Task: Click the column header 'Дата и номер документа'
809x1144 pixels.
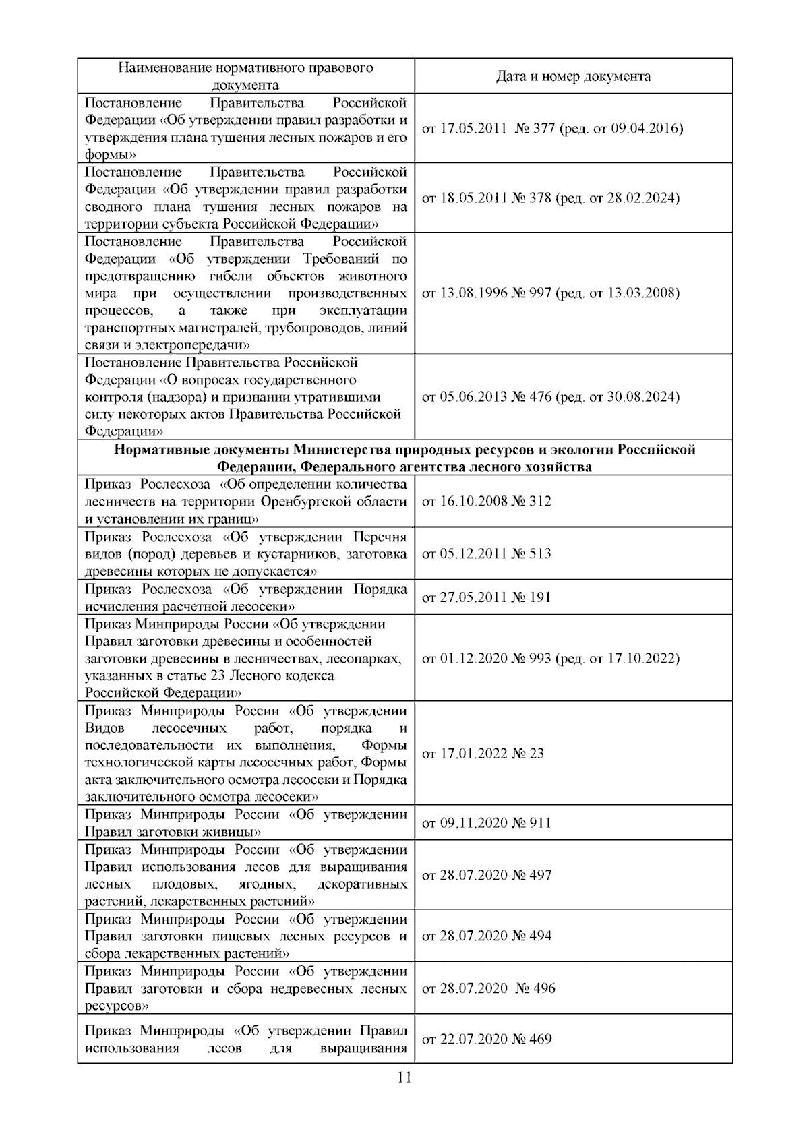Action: pyautogui.click(x=573, y=76)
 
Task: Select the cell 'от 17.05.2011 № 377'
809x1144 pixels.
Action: pyautogui.click(x=552, y=128)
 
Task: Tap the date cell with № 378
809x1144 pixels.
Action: pyautogui.click(x=550, y=198)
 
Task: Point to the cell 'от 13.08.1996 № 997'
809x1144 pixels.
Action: pyautogui.click(x=550, y=293)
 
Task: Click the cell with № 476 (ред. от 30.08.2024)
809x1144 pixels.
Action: pyautogui.click(x=550, y=397)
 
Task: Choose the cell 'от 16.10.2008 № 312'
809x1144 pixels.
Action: pyautogui.click(x=486, y=501)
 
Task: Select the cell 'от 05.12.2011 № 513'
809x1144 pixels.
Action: pyautogui.click(x=486, y=553)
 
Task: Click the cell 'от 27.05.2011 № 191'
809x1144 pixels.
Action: pyautogui.click(x=486, y=597)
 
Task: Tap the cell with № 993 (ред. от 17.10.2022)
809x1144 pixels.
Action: pyautogui.click(x=550, y=658)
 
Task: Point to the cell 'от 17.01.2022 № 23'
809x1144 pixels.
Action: pyautogui.click(x=483, y=754)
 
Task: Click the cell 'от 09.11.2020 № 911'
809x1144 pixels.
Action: pyautogui.click(x=486, y=822)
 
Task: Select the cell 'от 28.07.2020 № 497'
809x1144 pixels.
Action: pyautogui.click(x=486, y=875)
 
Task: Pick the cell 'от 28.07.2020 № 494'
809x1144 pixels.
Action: pyautogui.click(x=486, y=936)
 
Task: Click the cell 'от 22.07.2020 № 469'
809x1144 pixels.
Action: pyautogui.click(x=486, y=1039)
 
